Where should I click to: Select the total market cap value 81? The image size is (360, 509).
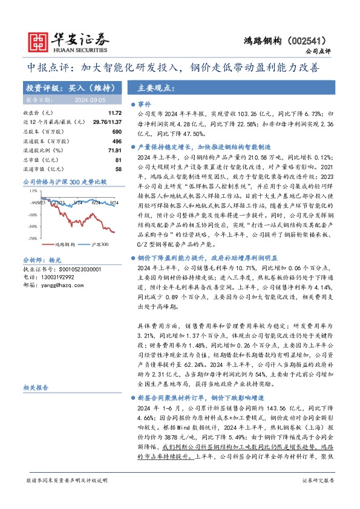119,160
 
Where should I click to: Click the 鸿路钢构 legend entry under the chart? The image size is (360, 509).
49,244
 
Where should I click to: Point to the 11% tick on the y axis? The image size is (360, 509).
32,191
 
